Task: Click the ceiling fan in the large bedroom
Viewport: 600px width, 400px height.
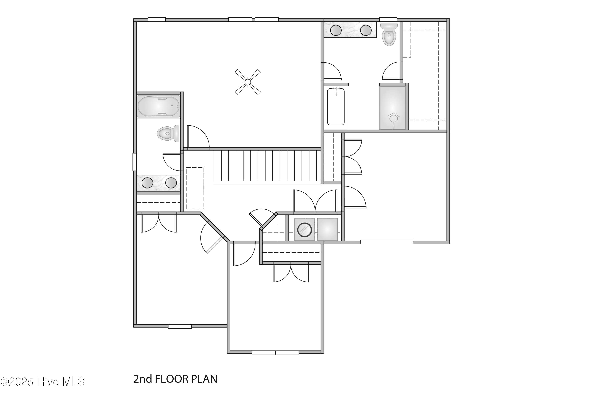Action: pyautogui.click(x=247, y=82)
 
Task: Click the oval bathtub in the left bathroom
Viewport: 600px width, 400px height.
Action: pyautogui.click(x=158, y=106)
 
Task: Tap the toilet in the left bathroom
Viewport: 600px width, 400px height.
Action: pyautogui.click(x=168, y=133)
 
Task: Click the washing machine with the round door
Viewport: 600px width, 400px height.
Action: pyautogui.click(x=305, y=229)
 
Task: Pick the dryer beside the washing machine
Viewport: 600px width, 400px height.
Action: pyautogui.click(x=327, y=229)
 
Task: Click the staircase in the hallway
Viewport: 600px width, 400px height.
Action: pyautogui.click(x=267, y=166)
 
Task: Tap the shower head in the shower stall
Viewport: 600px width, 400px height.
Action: pyautogui.click(x=393, y=118)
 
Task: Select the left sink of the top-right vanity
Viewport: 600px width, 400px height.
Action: pyautogui.click(x=336, y=30)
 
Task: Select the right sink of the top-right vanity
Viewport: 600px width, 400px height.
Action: pyautogui.click(x=366, y=30)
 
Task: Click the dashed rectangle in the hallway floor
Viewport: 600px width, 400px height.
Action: pyautogui.click(x=195, y=188)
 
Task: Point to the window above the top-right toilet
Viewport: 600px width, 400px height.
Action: pyautogui.click(x=388, y=19)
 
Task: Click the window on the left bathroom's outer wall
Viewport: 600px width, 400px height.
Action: pyautogui.click(x=134, y=162)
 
